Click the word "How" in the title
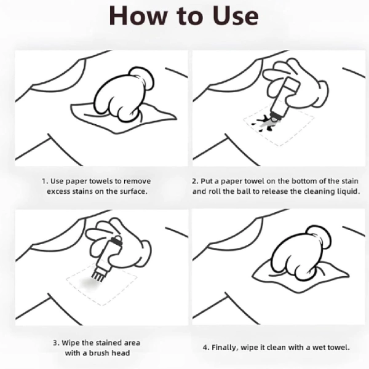point(138,15)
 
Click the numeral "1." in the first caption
point(45,181)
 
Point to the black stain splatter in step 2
point(264,122)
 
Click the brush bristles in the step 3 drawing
point(98,276)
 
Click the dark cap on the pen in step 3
point(117,240)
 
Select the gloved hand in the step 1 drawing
point(124,95)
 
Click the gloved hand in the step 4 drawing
point(301,253)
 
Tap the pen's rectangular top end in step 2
point(291,85)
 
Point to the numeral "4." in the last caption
point(206,347)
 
